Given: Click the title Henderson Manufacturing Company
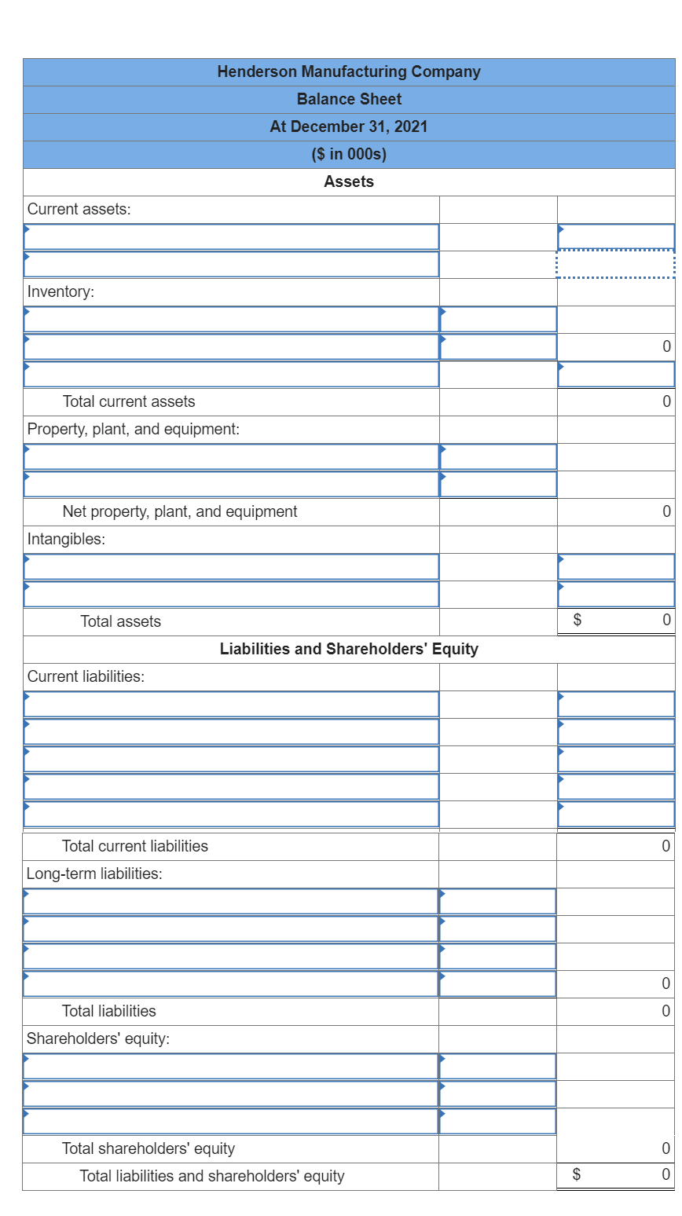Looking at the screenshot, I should pyautogui.click(x=348, y=71).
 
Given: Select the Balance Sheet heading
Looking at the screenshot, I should pyautogui.click(x=348, y=99).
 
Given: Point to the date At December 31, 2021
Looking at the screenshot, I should pyautogui.click(x=348, y=126).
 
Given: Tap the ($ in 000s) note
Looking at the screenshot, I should pyautogui.click(x=348, y=154).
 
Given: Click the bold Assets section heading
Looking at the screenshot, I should pyautogui.click(x=348, y=181).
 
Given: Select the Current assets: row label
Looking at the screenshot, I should pyautogui.click(x=79, y=209).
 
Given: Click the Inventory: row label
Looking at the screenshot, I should pyautogui.click(x=60, y=291).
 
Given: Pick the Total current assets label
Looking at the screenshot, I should pyautogui.click(x=128, y=401).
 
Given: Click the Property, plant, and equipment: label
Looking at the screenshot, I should pyautogui.click(x=133, y=429).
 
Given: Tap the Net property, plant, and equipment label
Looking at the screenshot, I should pyautogui.click(x=179, y=511).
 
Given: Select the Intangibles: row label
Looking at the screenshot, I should pyautogui.click(x=66, y=539).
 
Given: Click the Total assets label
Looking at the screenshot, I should pyautogui.click(x=120, y=621).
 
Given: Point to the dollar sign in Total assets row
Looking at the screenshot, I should pyautogui.click(x=577, y=621).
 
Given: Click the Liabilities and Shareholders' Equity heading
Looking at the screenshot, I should pyautogui.click(x=348, y=649).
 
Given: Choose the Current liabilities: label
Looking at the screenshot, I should pyautogui.click(x=86, y=676).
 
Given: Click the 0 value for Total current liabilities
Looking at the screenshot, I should pyautogui.click(x=665, y=846).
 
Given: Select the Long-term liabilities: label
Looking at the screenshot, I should pyautogui.click(x=94, y=874).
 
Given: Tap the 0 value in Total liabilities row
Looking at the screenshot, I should pyautogui.click(x=665, y=1011).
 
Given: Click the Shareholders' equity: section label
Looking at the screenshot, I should pyautogui.click(x=97, y=1038).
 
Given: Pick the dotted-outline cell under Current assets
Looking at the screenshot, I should pyautogui.click(x=615, y=264).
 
